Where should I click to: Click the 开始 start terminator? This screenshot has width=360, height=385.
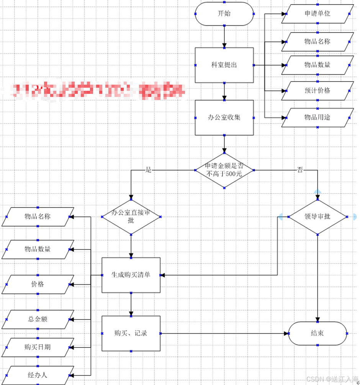[224, 14]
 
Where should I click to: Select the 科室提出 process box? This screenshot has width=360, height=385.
[224, 65]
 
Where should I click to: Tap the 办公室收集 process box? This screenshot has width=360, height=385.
[224, 118]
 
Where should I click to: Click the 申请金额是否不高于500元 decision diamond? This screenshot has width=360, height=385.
[224, 170]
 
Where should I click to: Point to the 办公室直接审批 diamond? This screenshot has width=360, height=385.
[131, 217]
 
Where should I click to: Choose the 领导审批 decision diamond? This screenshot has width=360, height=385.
[317, 216]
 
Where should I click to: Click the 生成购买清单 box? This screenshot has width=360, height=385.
[131, 275]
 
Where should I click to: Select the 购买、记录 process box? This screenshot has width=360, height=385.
[131, 333]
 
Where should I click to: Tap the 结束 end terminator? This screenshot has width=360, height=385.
[317, 333]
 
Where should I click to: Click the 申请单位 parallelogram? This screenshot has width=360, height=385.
[317, 14]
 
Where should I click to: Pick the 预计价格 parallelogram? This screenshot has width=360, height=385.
[317, 91]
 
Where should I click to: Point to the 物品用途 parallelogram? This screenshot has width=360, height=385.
[317, 117]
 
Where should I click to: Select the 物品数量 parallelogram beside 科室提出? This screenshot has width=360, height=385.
[317, 65]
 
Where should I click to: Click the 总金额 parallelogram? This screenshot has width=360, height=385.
[38, 319]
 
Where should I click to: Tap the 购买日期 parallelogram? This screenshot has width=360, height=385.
[38, 347]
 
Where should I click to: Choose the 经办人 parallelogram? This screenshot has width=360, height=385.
[38, 375]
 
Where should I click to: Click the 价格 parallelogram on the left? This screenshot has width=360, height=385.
[38, 284]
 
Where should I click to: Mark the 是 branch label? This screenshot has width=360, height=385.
[149, 170]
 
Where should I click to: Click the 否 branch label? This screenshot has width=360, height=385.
[300, 170]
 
